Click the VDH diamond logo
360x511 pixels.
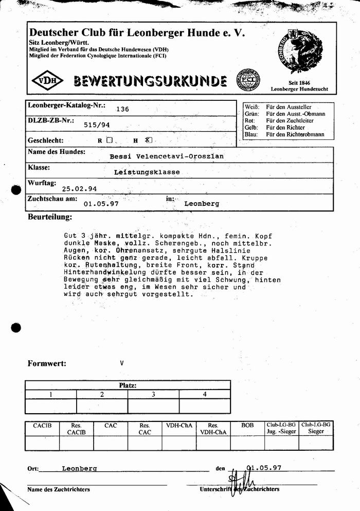pos(47,81)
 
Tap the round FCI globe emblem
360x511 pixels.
pos(248,81)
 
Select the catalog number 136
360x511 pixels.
pos(122,109)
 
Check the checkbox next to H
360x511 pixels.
pos(148,139)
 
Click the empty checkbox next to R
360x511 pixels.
pos(109,139)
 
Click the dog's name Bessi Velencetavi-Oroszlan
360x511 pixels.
pos(167,156)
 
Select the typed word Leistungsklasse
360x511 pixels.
pos(147,172)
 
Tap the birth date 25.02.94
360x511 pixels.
pos(79,188)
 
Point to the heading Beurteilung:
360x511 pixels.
pos(50,218)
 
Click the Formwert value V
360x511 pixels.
pos(122,363)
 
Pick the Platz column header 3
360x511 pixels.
pos(153,394)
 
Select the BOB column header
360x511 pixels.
pos(247,426)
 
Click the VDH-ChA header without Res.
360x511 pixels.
pos(179,426)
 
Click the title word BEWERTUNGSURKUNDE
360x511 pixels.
pos(150,81)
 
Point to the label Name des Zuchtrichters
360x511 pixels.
pos(59,489)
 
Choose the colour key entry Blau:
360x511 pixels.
pos(251,134)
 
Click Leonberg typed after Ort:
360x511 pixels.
pos(79,469)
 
